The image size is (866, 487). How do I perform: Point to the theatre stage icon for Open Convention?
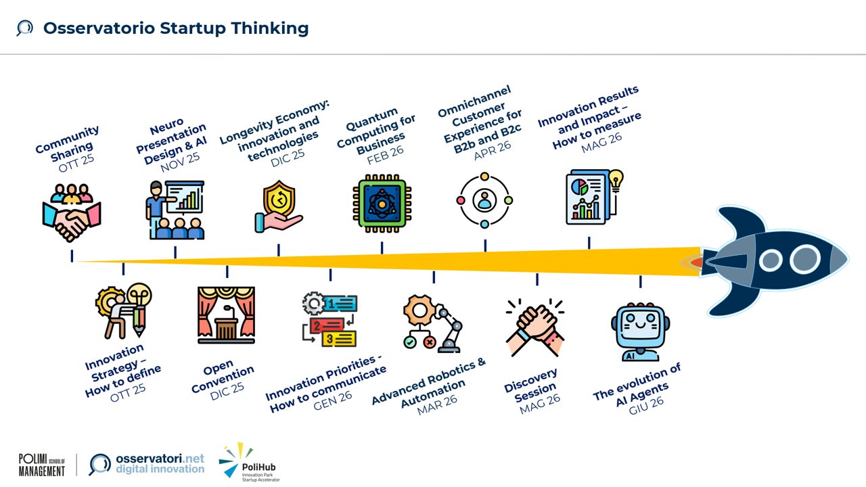[226, 315]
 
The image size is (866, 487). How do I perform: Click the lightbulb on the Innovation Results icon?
[616, 180]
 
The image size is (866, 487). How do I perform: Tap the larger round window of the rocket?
[805, 259]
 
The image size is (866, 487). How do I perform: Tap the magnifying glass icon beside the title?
[25, 28]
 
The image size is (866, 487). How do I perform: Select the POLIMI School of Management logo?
[42, 465]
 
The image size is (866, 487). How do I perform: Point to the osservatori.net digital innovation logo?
[147, 464]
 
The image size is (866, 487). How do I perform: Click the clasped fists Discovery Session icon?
[534, 327]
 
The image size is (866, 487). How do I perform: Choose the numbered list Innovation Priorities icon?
[329, 320]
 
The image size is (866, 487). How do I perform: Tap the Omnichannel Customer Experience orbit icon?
[484, 200]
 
